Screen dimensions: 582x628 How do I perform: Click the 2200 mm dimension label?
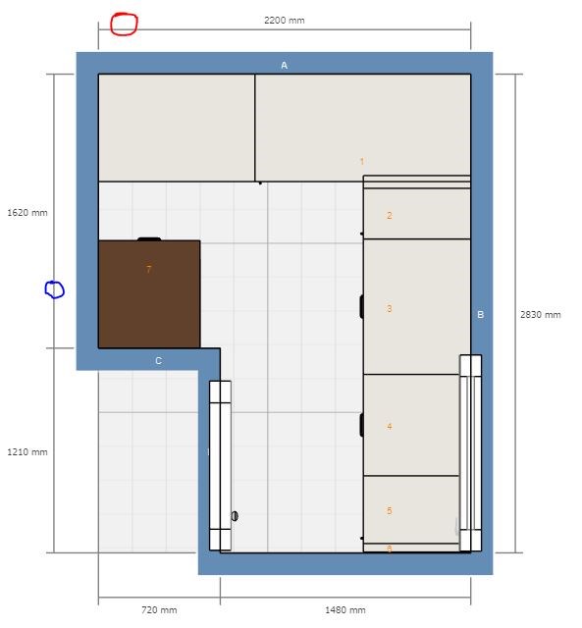[x=284, y=20]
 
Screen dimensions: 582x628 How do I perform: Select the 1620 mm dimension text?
[x=27, y=212]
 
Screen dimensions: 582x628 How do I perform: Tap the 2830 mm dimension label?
[x=541, y=314]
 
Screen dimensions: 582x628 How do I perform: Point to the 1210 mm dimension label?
[x=27, y=451]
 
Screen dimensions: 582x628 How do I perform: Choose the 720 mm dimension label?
[x=159, y=610]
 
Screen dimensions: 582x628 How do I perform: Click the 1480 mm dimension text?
[x=344, y=610]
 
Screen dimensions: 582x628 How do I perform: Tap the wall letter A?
[x=284, y=66]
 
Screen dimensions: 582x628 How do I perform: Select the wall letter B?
[x=481, y=314]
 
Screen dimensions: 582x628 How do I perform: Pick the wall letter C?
[x=158, y=361]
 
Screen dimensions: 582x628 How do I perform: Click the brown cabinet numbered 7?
[x=149, y=294]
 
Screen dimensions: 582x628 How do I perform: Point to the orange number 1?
[x=362, y=161]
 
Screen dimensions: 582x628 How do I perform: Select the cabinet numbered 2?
[x=416, y=214]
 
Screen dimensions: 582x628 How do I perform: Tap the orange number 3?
[x=389, y=308]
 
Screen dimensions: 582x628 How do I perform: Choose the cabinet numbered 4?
[x=411, y=425]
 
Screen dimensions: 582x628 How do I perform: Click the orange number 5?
[x=389, y=510]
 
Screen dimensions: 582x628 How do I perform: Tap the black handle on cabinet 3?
[x=362, y=306]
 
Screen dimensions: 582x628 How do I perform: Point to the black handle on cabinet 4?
[x=362, y=425]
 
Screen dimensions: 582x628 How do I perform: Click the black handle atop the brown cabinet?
[x=149, y=239]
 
